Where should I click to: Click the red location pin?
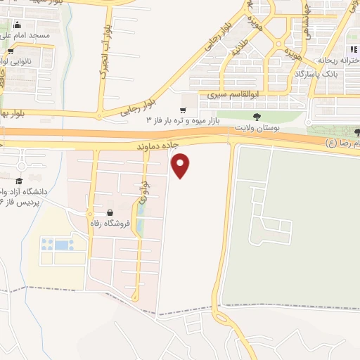click(181, 166)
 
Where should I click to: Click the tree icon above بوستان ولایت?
click(256, 115)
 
